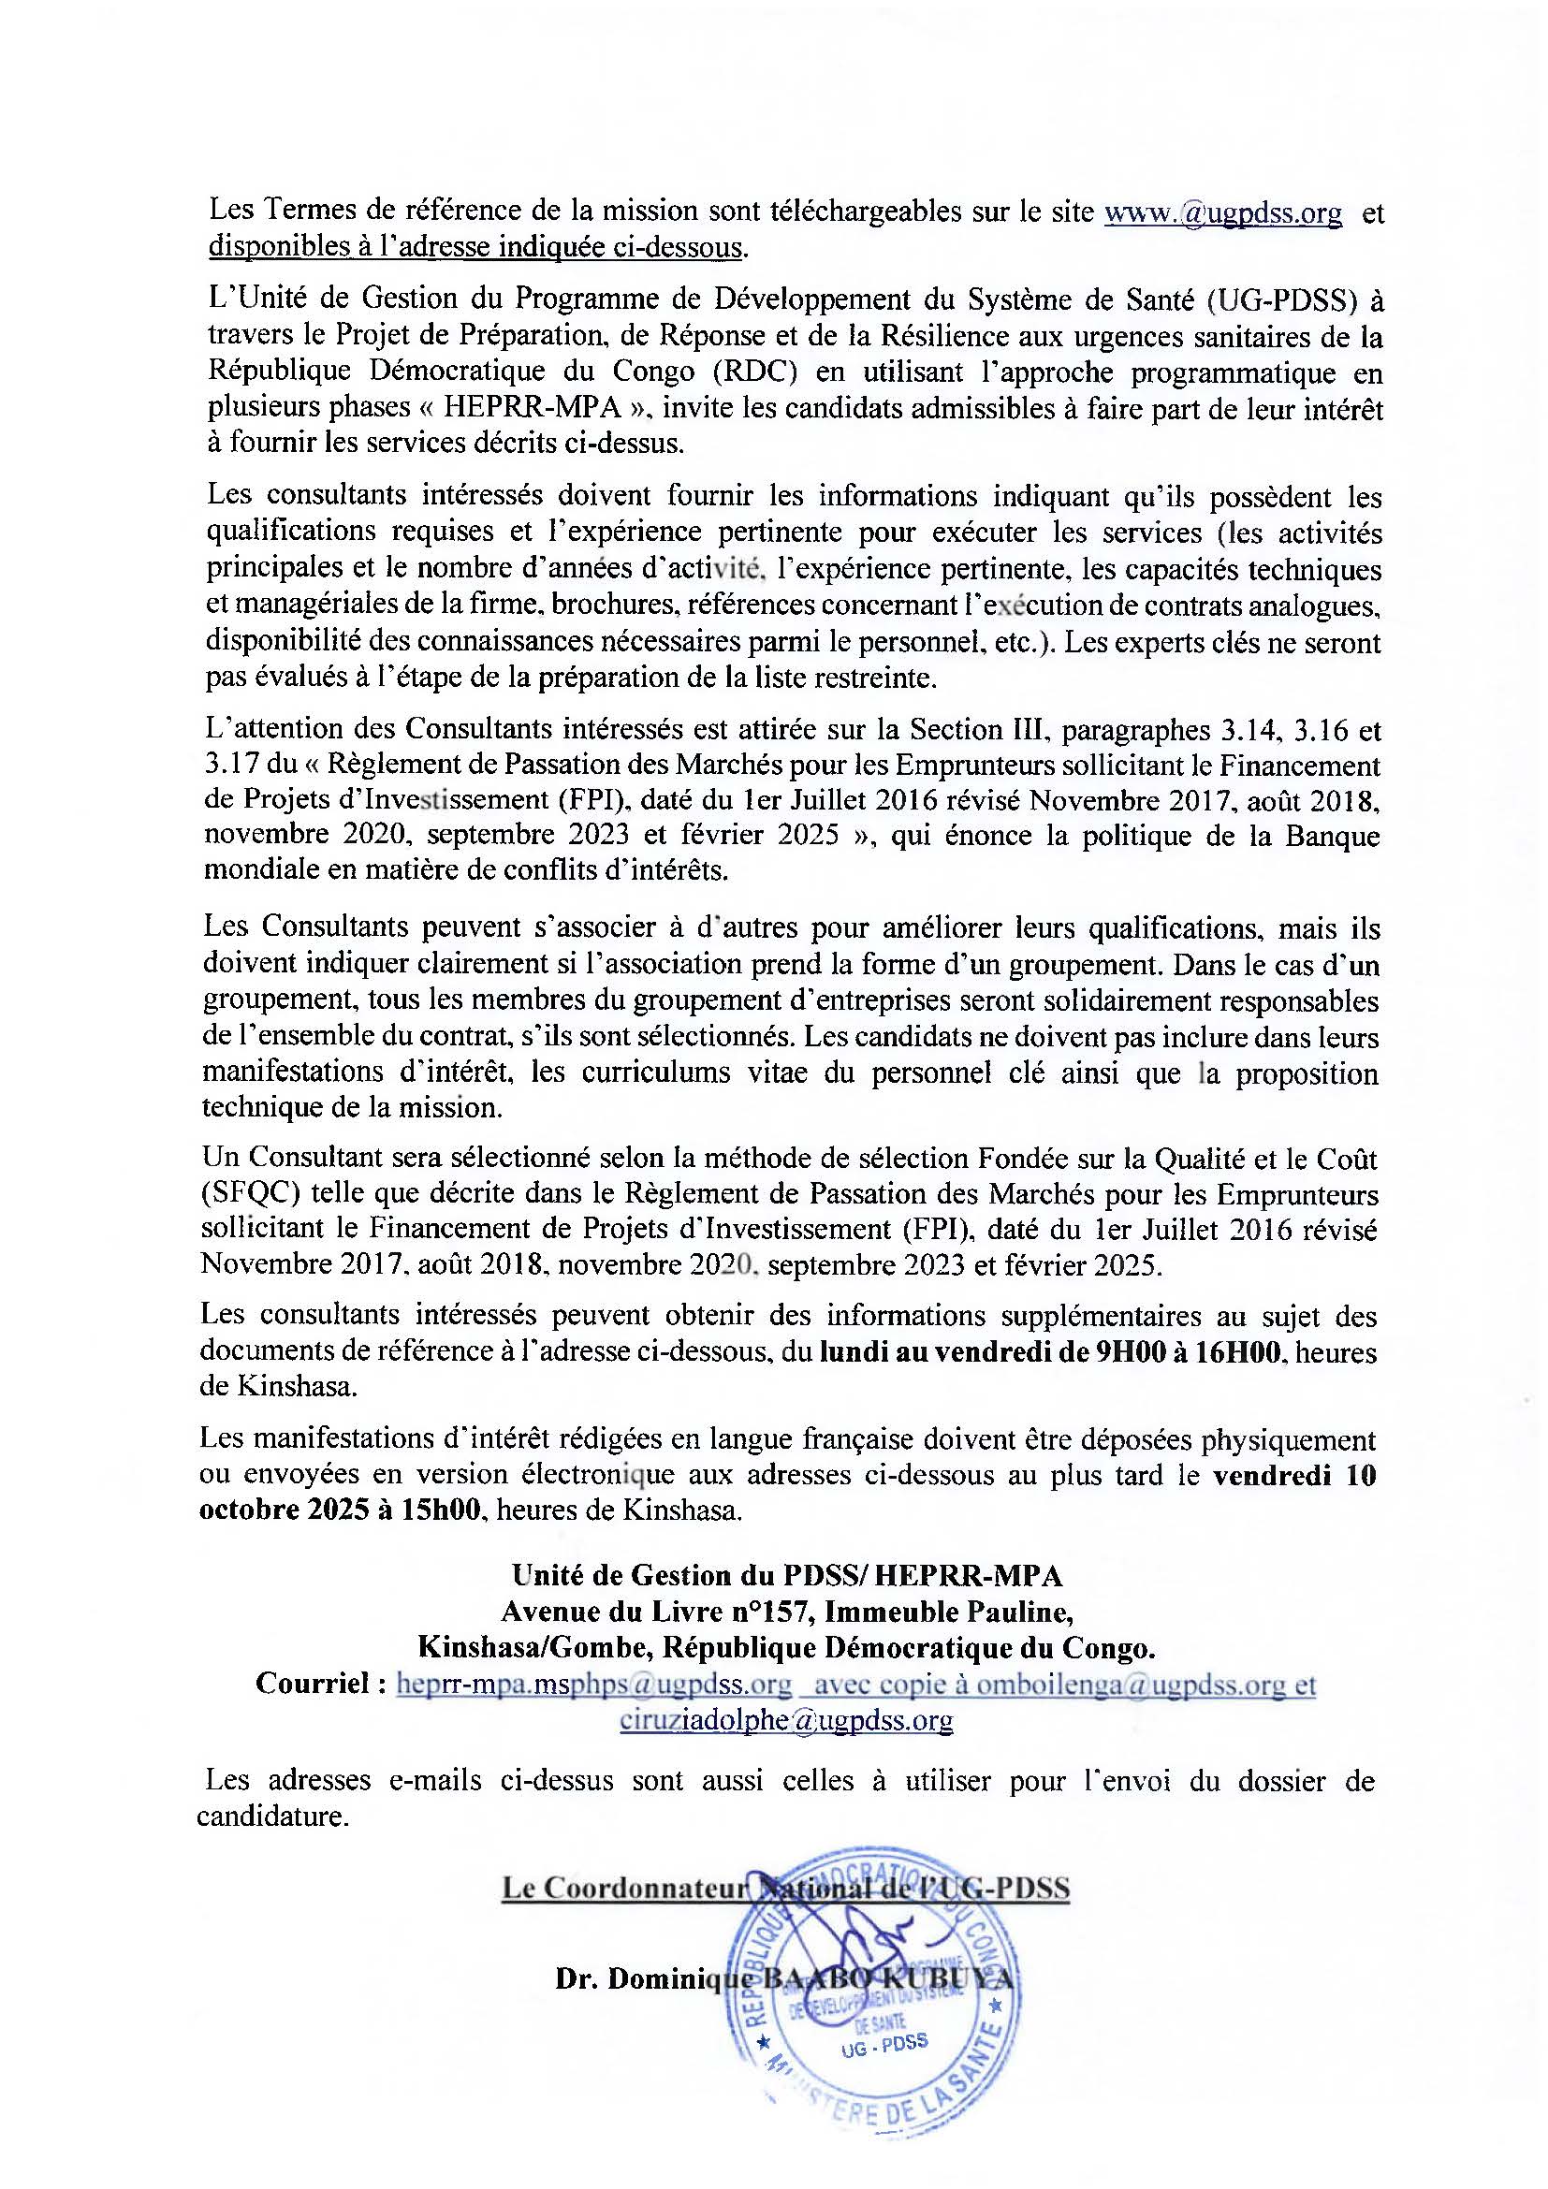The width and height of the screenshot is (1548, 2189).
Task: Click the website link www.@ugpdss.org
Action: click(1222, 212)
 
